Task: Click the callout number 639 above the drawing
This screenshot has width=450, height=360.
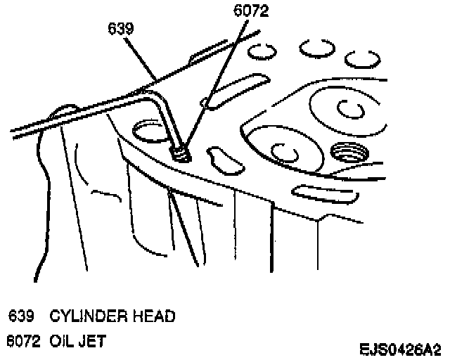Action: coord(122,30)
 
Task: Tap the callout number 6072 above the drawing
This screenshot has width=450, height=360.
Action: coord(250,11)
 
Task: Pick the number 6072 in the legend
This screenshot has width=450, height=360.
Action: coord(20,342)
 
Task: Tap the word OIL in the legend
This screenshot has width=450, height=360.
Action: coord(61,342)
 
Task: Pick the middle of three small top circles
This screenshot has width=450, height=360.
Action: coord(314,47)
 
